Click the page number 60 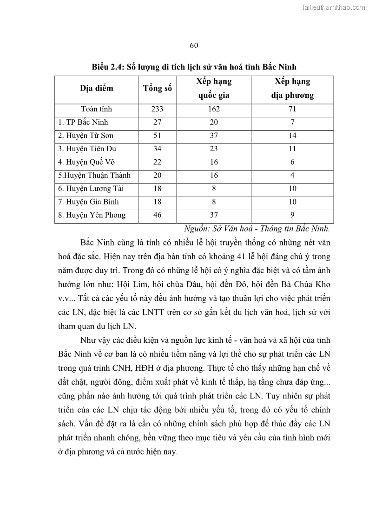194,45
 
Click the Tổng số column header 157,89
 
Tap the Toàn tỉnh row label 96,109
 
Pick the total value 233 157,109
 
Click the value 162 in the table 214,109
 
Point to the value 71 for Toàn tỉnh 292,109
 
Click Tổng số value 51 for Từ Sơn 157,136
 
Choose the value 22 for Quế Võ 157,162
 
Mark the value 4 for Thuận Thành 292,175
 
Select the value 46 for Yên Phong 157,215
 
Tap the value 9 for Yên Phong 292,215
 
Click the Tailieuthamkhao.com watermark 334,7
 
